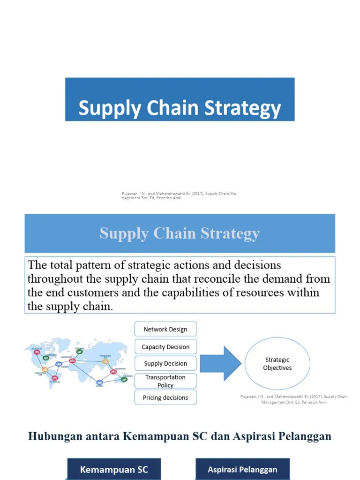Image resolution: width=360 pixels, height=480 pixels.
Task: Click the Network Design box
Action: [165, 329]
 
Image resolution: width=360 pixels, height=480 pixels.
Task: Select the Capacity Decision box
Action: [165, 347]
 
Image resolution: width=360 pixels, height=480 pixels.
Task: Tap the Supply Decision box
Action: [165, 363]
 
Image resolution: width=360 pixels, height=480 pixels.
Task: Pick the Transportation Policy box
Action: [165, 381]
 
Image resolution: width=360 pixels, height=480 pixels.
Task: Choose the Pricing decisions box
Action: [165, 397]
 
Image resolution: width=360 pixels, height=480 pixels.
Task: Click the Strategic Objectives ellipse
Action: [277, 364]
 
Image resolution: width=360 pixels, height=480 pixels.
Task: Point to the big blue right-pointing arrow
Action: [220, 363]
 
